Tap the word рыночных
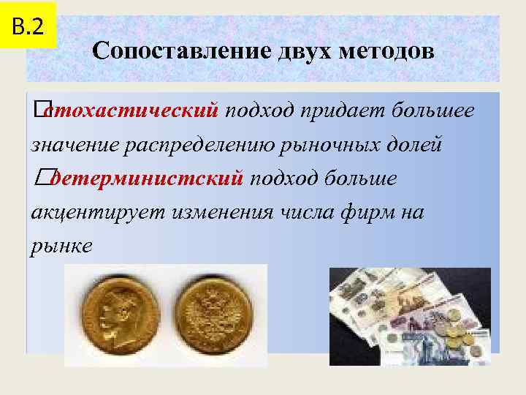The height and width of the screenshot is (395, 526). click(x=333, y=144)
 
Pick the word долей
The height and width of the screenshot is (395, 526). click(x=417, y=144)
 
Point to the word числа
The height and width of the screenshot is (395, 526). click(x=311, y=212)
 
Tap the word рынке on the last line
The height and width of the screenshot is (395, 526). click(x=62, y=246)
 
